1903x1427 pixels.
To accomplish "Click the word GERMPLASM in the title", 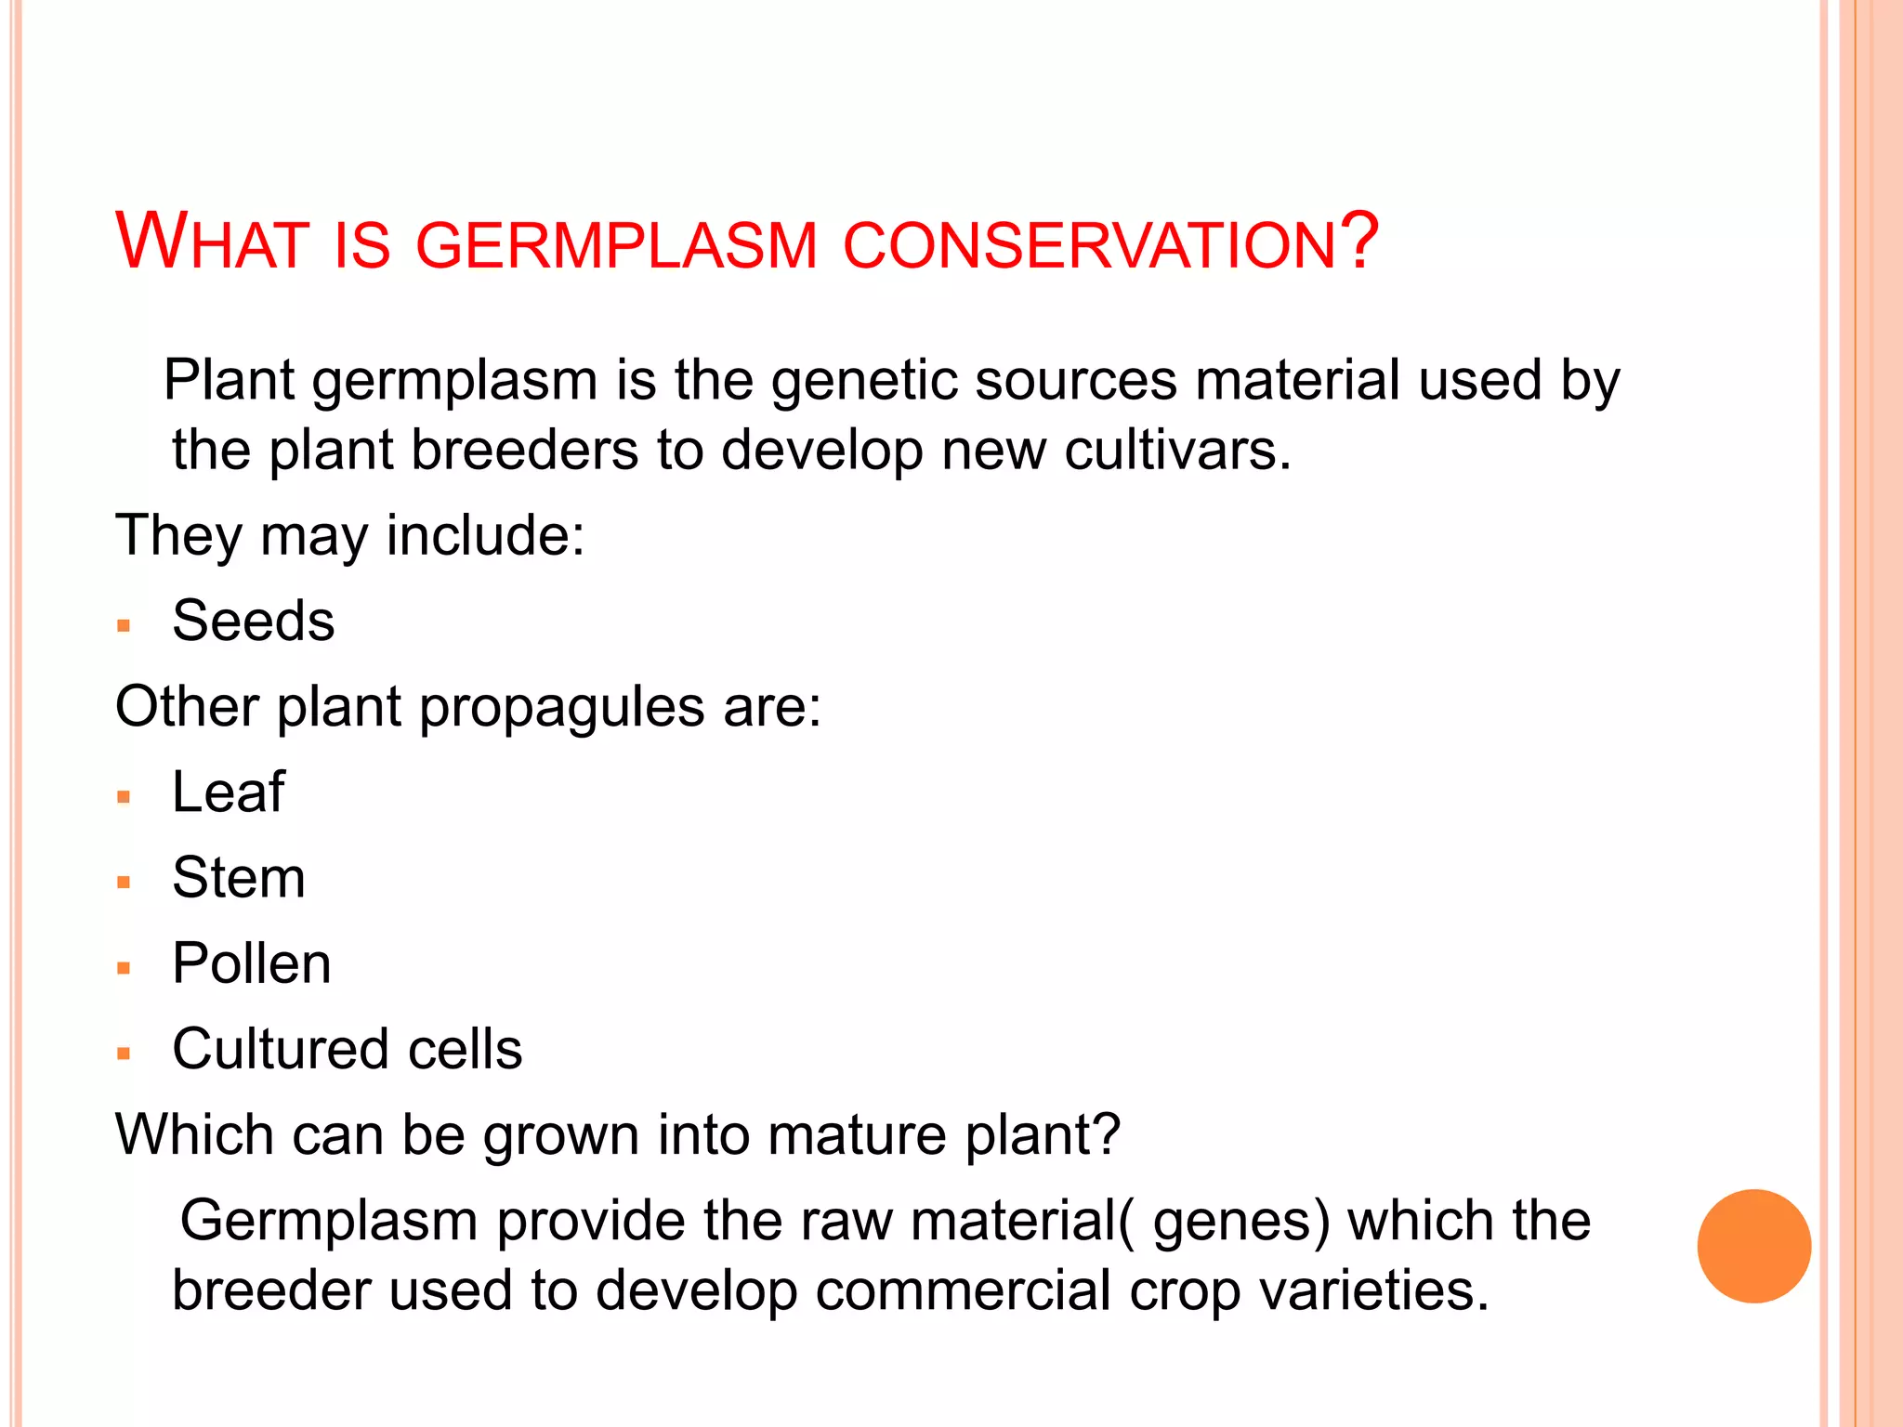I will coord(616,245).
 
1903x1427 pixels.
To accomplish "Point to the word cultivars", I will coord(1176,451).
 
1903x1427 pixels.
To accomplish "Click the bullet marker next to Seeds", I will coord(124,625).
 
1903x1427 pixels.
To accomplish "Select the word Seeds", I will coord(253,621).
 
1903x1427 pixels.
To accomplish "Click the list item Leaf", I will coord(229,792).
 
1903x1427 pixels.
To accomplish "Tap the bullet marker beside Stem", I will coord(124,882).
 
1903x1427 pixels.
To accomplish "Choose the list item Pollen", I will coord(251,963).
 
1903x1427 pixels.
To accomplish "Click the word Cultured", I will coord(280,1050).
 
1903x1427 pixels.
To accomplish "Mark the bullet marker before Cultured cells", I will coord(124,1054).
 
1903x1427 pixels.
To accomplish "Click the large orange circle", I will coord(1753,1246).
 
